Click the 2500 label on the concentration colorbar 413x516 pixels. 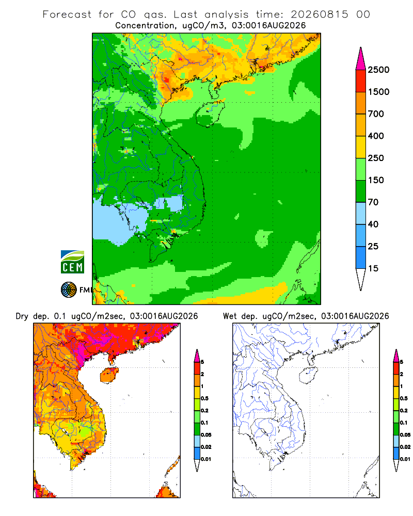[x=378, y=70]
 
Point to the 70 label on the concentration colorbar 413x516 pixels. [x=373, y=202]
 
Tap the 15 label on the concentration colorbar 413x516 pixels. [x=373, y=268]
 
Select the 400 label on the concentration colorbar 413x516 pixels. [x=376, y=136]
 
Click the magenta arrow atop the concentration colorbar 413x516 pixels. [x=361, y=59]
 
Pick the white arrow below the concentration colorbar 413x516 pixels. [x=361, y=279]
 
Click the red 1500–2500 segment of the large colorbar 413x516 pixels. [x=361, y=80]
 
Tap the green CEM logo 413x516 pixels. [x=72, y=262]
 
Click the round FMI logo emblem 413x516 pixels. [x=69, y=290]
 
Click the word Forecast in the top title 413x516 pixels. [x=67, y=14]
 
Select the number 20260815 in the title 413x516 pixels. [x=320, y=14]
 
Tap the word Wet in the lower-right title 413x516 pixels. [x=230, y=316]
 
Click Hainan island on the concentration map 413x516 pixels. [x=210, y=114]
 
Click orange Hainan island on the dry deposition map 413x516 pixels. [x=109, y=375]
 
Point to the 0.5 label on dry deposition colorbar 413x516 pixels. [x=204, y=398]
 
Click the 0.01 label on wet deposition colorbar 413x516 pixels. [x=405, y=459]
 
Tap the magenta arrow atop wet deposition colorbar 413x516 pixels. [x=396, y=356]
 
